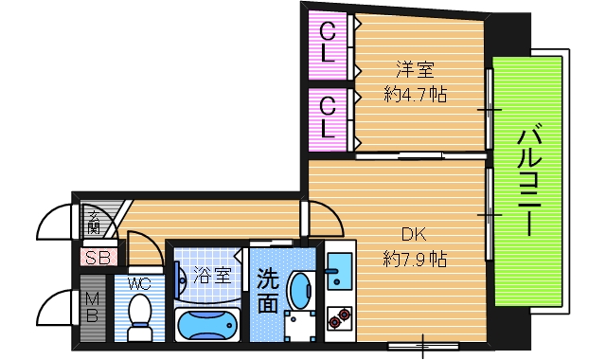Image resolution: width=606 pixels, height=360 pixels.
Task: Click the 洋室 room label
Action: [x=415, y=69]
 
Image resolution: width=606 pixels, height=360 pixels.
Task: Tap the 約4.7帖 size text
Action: [x=415, y=95]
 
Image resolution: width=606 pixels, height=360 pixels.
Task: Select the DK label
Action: [x=414, y=234]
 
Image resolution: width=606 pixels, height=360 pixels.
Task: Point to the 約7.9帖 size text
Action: [x=415, y=258]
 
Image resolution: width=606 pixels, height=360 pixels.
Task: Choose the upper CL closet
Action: [x=328, y=45]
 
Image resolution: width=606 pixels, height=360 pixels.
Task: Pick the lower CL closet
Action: [x=328, y=117]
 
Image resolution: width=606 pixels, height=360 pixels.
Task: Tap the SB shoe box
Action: [x=96, y=257]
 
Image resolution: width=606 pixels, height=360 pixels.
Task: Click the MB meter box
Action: [x=93, y=309]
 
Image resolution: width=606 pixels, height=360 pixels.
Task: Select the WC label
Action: [x=139, y=282]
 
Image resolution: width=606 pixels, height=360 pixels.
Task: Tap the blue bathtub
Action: [x=209, y=325]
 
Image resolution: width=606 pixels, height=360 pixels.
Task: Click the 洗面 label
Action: [x=268, y=292]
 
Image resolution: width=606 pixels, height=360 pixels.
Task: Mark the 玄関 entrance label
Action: [x=95, y=223]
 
